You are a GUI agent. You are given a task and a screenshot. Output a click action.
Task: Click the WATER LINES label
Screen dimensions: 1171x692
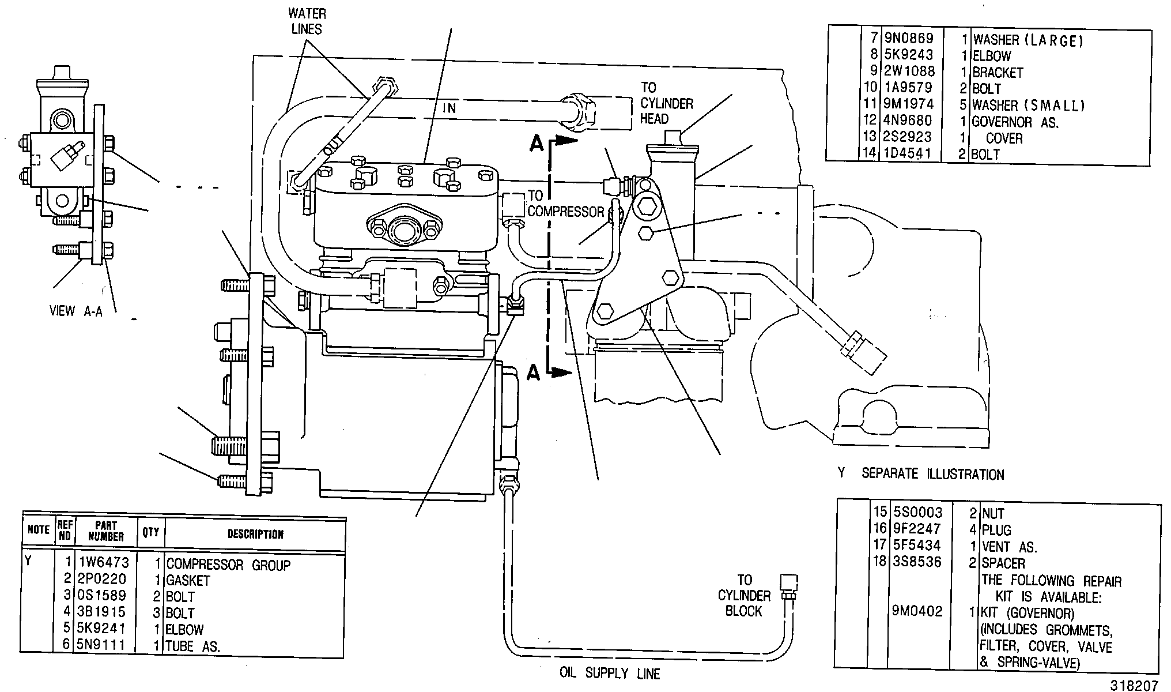coord(307,21)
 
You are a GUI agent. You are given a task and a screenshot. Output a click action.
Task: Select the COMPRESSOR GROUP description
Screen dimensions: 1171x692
coord(228,565)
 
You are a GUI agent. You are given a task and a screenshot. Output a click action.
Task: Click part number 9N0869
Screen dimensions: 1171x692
coord(909,39)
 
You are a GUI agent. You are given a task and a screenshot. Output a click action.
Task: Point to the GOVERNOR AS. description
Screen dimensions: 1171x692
coord(1015,122)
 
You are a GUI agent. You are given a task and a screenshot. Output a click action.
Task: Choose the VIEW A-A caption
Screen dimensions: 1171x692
coord(75,311)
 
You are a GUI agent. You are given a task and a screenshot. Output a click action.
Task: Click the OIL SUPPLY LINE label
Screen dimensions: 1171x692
coord(610,673)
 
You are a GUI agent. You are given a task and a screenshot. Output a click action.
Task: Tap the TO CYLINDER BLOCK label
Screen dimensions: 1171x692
coord(744,595)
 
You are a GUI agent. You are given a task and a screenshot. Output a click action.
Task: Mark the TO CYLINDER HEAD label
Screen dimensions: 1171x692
coord(667,103)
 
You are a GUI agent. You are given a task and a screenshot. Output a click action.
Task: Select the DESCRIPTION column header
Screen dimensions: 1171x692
coord(255,534)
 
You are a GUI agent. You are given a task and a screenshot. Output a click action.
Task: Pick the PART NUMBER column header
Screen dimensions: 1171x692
coord(106,531)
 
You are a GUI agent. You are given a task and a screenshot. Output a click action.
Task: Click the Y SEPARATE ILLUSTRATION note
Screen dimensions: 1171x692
coord(921,474)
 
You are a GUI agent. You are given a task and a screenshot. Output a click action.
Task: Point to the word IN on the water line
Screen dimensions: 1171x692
coord(449,108)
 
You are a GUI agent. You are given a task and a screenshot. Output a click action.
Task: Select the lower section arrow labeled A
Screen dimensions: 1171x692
coord(550,373)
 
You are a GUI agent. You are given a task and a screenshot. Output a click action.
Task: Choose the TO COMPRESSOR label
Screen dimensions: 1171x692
coord(565,204)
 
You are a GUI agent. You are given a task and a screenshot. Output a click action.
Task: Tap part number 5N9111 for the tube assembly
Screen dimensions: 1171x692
coord(101,645)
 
